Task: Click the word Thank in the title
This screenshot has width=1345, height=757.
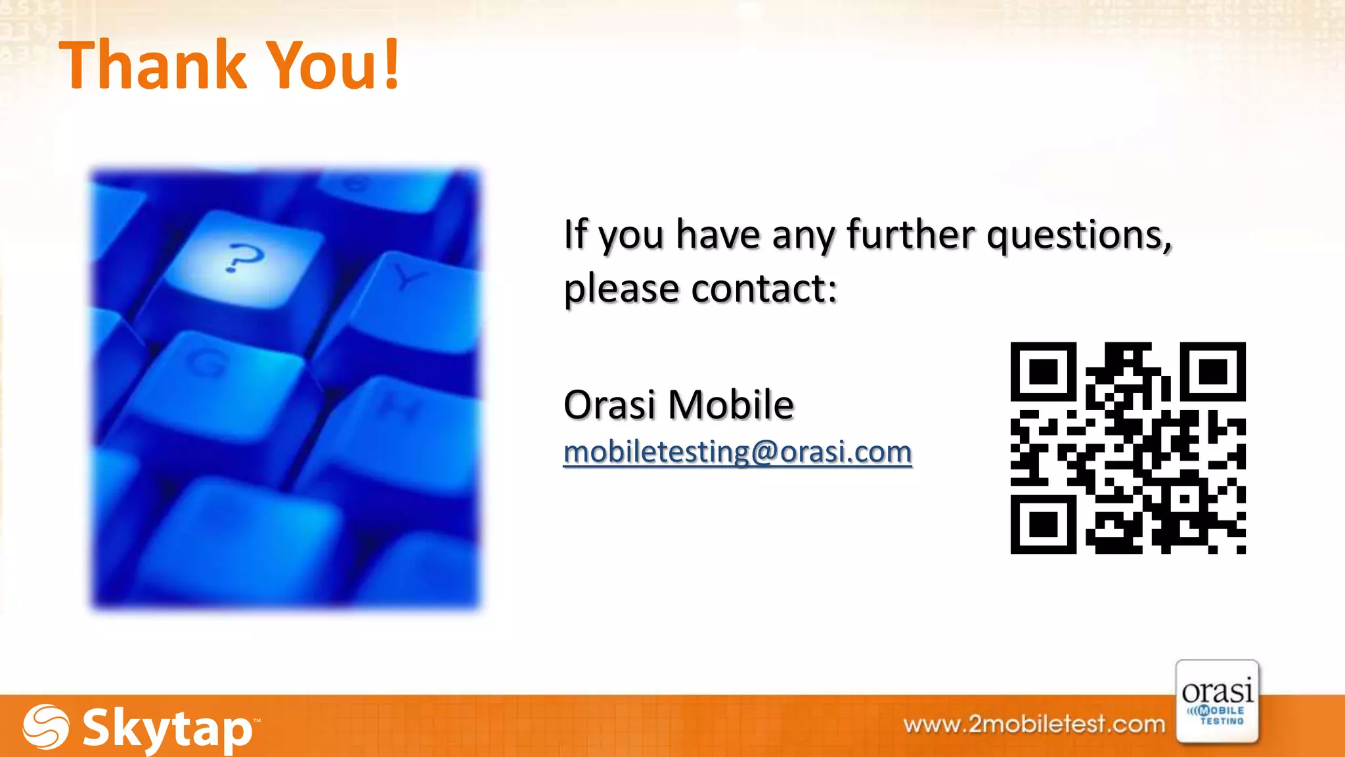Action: coord(152,65)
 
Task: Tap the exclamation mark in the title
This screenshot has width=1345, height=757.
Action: coord(392,65)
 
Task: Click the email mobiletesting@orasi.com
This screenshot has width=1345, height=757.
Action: coord(738,452)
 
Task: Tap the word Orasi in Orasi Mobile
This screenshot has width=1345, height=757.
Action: coord(610,404)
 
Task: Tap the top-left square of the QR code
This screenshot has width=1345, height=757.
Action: coord(1043,372)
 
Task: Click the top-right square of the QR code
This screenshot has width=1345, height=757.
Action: coord(1213,372)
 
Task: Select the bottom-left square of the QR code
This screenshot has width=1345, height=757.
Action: coord(1043,524)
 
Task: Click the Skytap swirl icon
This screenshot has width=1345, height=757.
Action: coord(45,727)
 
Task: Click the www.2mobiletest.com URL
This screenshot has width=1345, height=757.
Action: coord(1034,724)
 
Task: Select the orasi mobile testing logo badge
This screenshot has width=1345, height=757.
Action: coord(1217,702)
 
